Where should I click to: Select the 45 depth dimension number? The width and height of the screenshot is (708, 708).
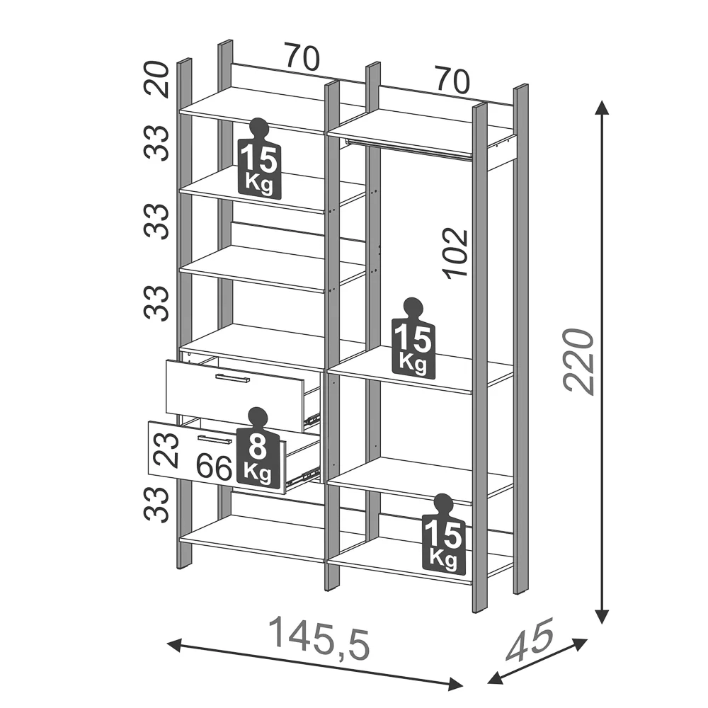[x=530, y=640]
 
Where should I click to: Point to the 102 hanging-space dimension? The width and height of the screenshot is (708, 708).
[x=455, y=253]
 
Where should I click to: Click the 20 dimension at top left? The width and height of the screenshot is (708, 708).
[x=156, y=79]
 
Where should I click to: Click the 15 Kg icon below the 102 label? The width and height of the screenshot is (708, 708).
[x=413, y=338]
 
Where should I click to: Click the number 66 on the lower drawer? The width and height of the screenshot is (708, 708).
[x=215, y=468]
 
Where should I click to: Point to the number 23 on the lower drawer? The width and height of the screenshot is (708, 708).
[x=166, y=450]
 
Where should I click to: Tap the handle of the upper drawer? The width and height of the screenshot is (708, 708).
[x=232, y=378]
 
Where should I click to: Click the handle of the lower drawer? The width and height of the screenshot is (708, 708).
[x=215, y=440]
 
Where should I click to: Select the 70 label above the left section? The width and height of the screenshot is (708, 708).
[x=302, y=57]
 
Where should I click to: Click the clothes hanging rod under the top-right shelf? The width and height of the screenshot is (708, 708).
[x=409, y=149]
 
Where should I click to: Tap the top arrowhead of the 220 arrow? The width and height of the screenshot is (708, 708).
[x=600, y=108]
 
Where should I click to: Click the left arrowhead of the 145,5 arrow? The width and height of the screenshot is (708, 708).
[x=174, y=644]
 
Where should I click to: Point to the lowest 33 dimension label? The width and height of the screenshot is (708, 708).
[x=156, y=504]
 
